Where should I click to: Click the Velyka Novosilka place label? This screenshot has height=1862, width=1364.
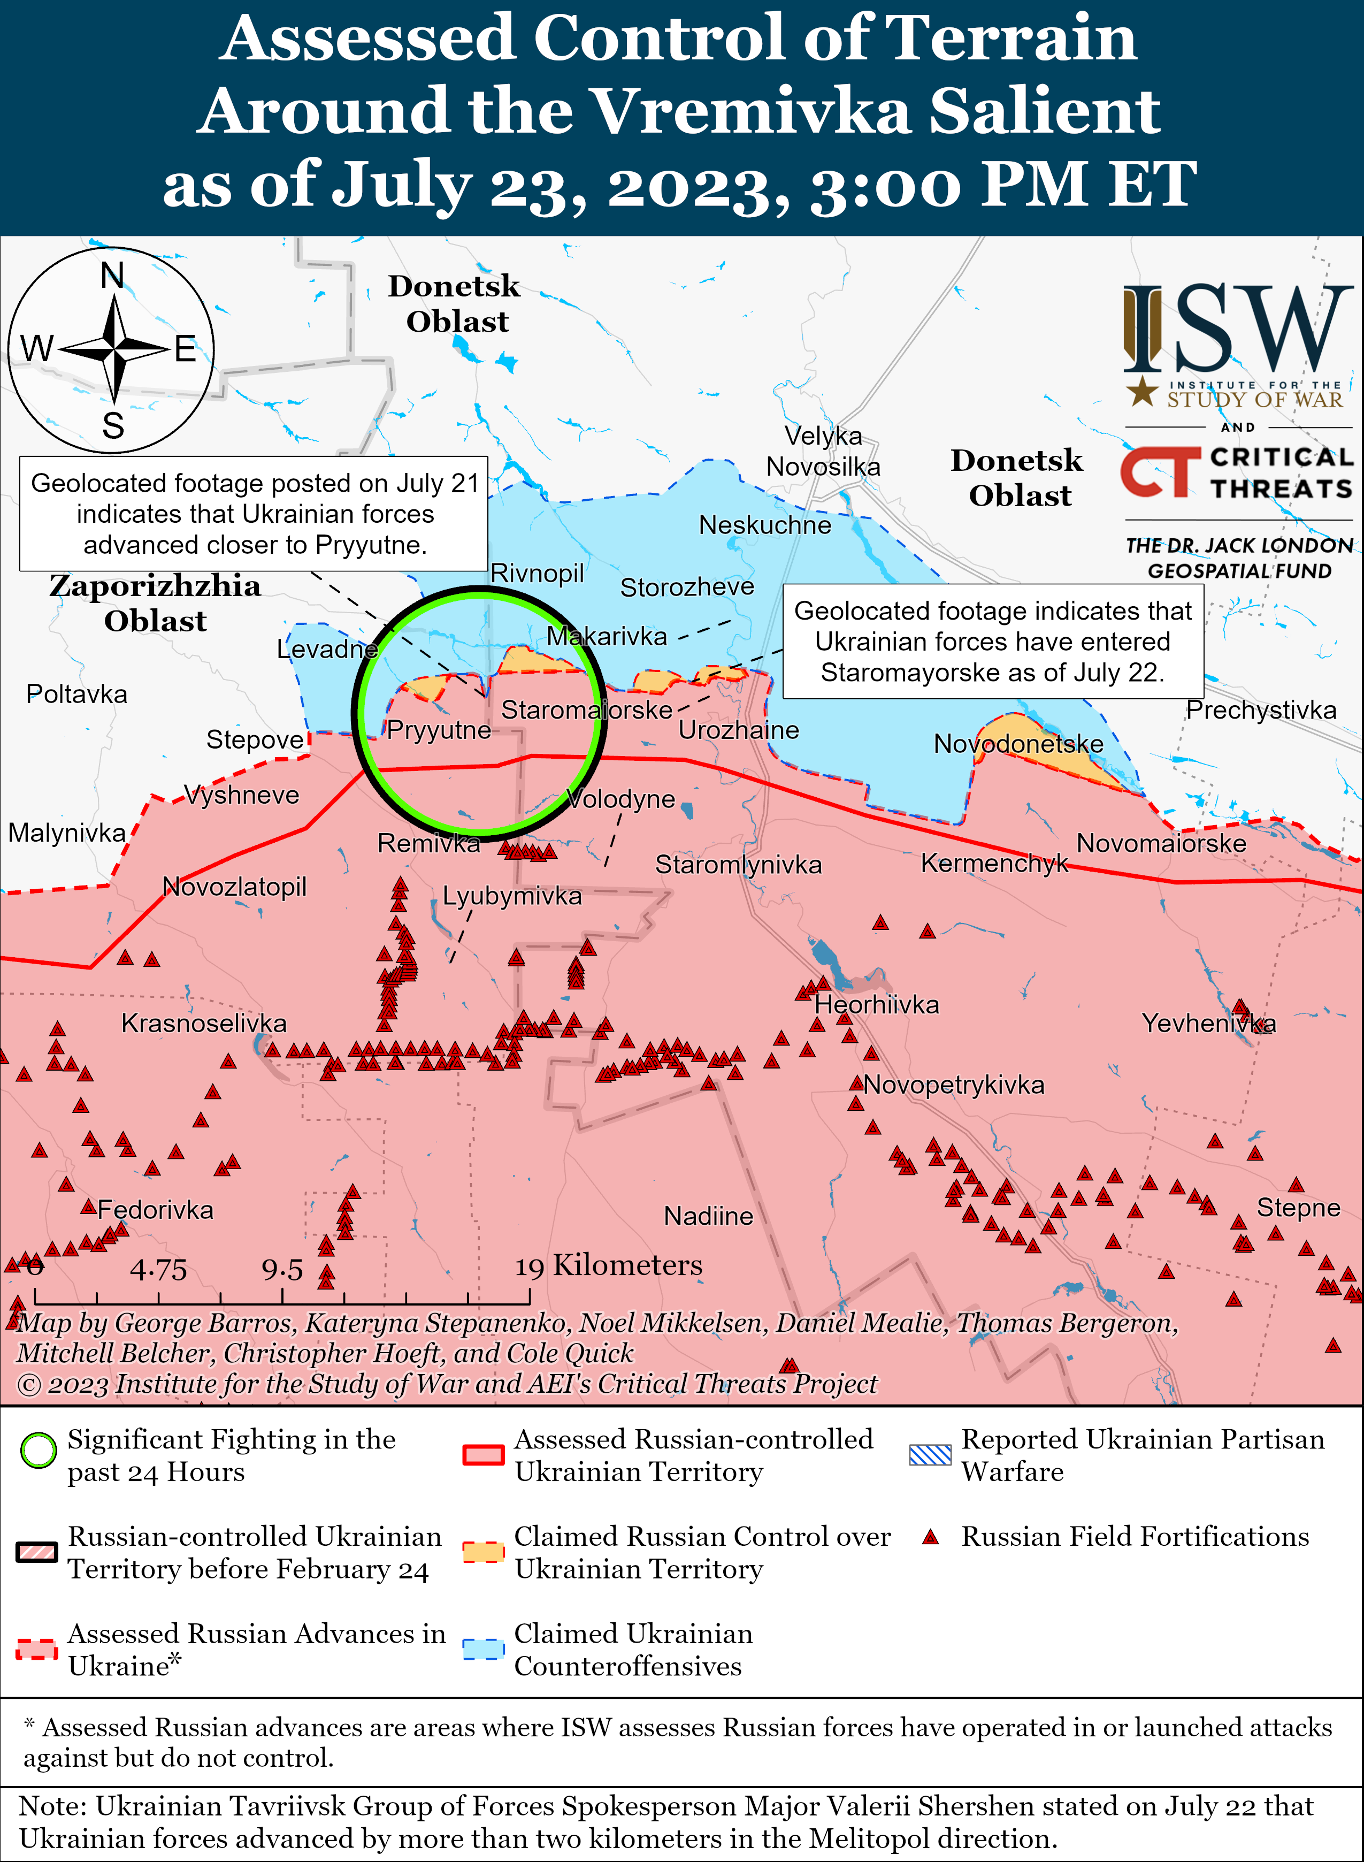tap(823, 451)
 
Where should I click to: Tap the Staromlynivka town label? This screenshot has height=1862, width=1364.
tap(738, 865)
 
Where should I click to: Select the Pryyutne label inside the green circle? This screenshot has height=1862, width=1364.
tap(439, 730)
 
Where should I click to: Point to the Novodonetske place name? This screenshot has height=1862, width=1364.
tap(1018, 744)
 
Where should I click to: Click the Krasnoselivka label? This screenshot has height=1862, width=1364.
tap(204, 1023)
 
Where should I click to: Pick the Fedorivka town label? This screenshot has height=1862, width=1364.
tap(155, 1210)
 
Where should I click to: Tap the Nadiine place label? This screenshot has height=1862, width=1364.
tap(708, 1216)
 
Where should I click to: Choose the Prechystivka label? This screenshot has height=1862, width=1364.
tap(1261, 710)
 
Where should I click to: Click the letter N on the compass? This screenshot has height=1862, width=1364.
tap(112, 276)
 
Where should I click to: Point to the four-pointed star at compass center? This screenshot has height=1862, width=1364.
tap(114, 350)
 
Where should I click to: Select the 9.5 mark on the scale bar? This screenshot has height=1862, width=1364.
tap(282, 1269)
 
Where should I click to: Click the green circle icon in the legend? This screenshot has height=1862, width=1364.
tap(38, 1451)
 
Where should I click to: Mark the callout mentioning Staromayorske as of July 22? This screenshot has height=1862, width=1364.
tap(992, 642)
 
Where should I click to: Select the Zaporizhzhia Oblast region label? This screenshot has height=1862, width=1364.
tap(155, 603)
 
